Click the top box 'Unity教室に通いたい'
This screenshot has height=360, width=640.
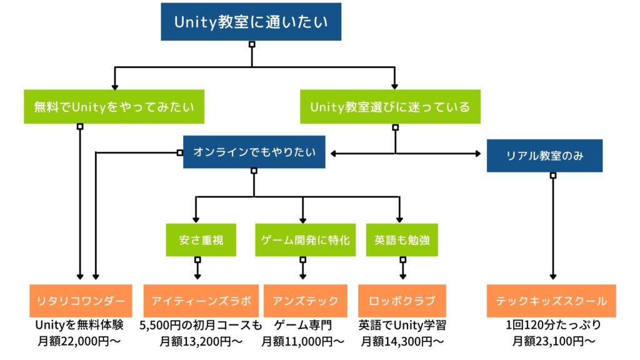click(251, 22)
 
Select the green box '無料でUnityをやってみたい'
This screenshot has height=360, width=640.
click(114, 106)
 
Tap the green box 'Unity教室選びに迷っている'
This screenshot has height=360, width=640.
click(390, 106)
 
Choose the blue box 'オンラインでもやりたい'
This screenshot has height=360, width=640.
click(254, 152)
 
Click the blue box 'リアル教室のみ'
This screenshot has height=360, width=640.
click(544, 156)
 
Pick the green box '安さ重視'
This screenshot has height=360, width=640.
click(201, 240)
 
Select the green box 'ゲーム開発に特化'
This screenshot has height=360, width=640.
click(305, 240)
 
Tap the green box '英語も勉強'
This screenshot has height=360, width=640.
click(402, 240)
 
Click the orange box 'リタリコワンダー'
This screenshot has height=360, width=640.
click(81, 301)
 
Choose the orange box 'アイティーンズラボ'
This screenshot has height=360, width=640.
click(201, 301)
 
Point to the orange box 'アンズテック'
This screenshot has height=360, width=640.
click(305, 301)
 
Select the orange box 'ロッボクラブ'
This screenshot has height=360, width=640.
click(402, 301)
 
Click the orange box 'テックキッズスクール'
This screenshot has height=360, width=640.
click(551, 301)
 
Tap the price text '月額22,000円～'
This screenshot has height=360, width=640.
click(79, 341)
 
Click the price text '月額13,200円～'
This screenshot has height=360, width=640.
click(201, 341)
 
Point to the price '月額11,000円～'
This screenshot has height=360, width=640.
click(302, 341)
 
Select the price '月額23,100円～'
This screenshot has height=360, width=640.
click(554, 341)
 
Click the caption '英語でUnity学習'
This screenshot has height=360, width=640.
click(402, 325)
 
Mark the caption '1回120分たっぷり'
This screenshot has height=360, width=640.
click(554, 325)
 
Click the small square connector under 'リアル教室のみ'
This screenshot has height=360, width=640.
click(553, 176)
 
